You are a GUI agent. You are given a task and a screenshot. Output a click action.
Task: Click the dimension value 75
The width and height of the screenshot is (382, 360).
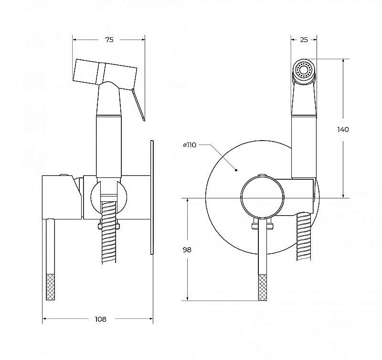(x=109, y=40)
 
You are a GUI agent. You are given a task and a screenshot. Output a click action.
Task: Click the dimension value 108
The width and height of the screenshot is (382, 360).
(x=100, y=319)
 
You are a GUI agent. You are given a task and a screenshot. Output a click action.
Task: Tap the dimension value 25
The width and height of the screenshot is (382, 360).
(x=304, y=40)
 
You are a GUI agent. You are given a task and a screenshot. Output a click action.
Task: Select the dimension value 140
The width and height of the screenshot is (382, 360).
(x=343, y=130)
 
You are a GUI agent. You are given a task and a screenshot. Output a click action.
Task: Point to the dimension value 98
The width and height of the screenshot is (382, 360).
(x=187, y=250)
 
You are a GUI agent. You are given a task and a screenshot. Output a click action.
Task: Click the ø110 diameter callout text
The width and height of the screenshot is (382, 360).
(x=190, y=145)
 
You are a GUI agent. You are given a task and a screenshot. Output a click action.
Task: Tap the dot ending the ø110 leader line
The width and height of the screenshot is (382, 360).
(x=236, y=170)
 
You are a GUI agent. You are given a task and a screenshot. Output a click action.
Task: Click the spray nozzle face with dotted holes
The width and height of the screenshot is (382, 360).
(x=303, y=70)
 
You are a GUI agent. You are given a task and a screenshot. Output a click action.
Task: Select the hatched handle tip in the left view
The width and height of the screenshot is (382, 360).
(x=51, y=287)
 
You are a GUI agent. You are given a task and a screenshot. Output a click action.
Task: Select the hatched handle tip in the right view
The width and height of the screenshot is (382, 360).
(x=262, y=287)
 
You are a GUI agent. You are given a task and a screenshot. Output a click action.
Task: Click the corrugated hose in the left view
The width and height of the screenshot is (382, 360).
(x=108, y=232)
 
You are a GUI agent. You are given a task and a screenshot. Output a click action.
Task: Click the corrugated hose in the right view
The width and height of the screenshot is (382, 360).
(x=304, y=237)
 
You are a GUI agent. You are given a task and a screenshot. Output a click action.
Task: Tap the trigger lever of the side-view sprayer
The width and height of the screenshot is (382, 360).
(x=138, y=104)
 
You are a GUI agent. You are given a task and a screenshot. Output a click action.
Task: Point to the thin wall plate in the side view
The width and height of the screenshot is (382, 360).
(x=152, y=197)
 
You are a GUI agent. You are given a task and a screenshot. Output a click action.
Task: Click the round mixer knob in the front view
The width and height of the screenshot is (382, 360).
(x=262, y=197)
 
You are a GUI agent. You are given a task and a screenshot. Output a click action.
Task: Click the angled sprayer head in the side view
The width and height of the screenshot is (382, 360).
(x=105, y=72)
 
